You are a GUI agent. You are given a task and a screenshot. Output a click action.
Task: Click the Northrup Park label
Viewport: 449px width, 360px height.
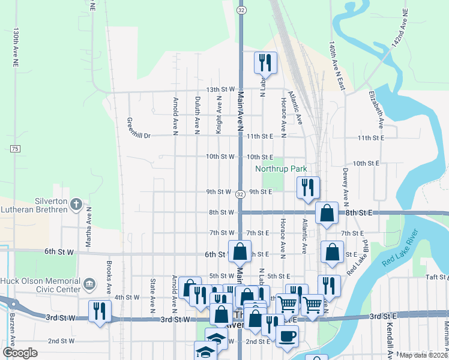point(281,169)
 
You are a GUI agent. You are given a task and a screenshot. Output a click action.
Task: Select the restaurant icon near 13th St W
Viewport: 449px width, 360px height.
point(265,62)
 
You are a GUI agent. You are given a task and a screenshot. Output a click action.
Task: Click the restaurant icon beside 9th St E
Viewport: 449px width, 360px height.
point(308,187)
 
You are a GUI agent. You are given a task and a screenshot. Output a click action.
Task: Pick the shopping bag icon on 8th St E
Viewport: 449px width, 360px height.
point(326,213)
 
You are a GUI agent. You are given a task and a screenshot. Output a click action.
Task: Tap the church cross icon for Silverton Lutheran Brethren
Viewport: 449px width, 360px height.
point(76,205)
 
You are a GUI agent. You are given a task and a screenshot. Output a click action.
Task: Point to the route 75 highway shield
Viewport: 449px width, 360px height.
point(15,148)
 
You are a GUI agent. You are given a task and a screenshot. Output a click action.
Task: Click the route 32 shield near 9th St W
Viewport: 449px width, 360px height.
point(240,194)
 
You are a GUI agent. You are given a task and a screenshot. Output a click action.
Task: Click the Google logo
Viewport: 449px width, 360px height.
point(20,353)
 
